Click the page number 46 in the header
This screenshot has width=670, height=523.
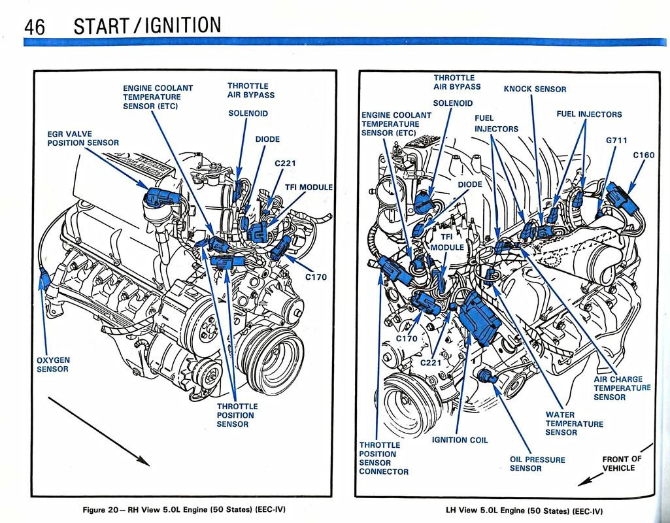pyautogui.click(x=34, y=25)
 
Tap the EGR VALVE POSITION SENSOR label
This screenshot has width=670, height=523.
pyautogui.click(x=83, y=138)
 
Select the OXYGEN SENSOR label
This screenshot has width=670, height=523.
pyautogui.click(x=53, y=364)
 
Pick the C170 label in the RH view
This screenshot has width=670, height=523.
pyautogui.click(x=316, y=277)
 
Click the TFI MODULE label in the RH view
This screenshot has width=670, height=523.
pyautogui.click(x=309, y=187)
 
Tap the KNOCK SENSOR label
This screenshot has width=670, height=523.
pyautogui.click(x=535, y=89)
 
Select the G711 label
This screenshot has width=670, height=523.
pyautogui.click(x=617, y=140)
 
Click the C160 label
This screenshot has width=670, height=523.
pyautogui.click(x=645, y=156)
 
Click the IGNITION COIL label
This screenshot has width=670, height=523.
pyautogui.click(x=460, y=440)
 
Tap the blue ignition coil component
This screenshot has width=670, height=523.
pyautogui.click(x=478, y=317)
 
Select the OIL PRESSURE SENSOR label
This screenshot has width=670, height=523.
pyautogui.click(x=537, y=464)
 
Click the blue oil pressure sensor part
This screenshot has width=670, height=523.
pyautogui.click(x=485, y=375)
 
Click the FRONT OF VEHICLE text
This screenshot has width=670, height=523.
pyautogui.click(x=621, y=464)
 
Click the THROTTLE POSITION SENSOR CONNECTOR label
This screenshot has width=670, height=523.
pyautogui.click(x=384, y=458)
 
